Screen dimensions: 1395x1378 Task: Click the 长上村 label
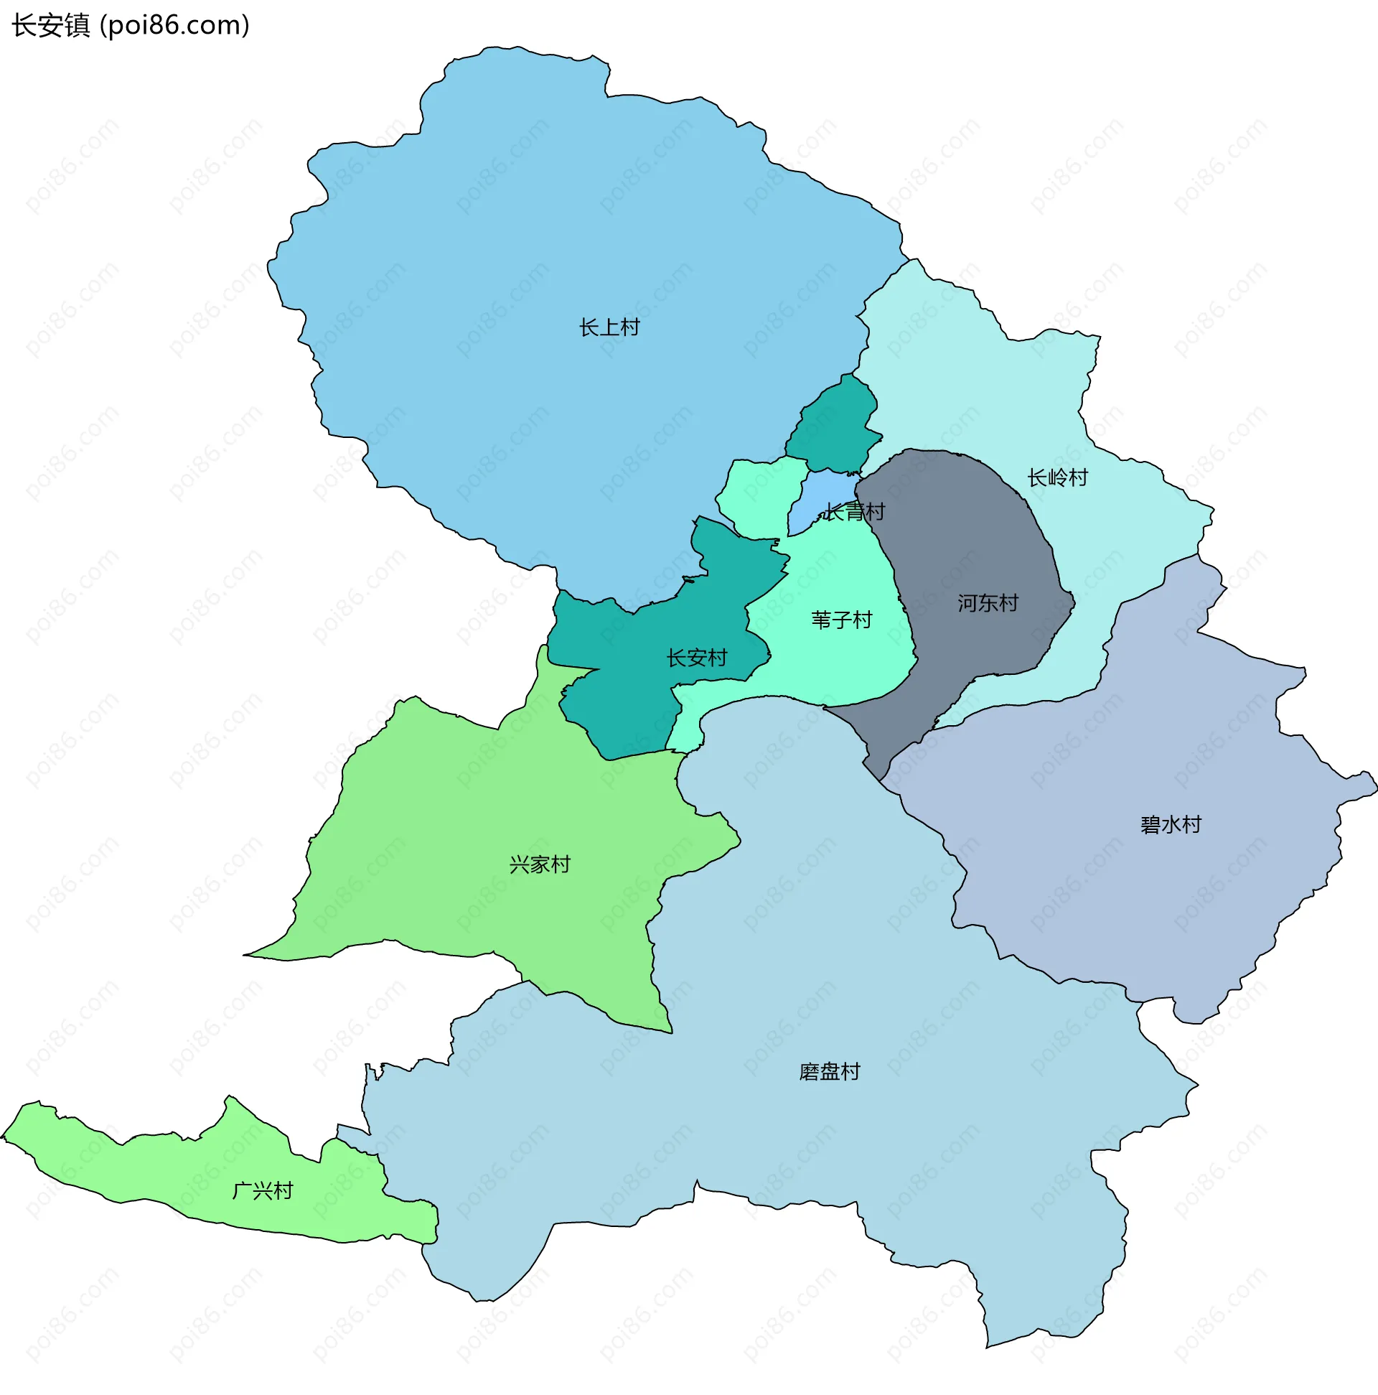tap(609, 328)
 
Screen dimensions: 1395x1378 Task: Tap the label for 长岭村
tap(1057, 478)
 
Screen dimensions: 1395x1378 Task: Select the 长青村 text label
tap(856, 513)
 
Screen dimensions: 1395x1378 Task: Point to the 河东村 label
tap(988, 604)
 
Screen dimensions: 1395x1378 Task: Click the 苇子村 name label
tap(842, 620)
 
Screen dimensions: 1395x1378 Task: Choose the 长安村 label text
tap(697, 658)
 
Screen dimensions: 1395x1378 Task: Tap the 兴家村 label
tap(540, 865)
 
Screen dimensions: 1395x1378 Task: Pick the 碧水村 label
tap(1171, 826)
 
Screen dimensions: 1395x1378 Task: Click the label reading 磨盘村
tap(830, 1072)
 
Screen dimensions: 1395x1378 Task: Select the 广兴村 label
tap(263, 1191)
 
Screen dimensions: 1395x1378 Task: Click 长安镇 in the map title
tap(50, 26)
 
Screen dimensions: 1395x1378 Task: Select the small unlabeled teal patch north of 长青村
tap(834, 426)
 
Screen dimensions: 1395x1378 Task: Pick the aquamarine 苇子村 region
tap(838, 664)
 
